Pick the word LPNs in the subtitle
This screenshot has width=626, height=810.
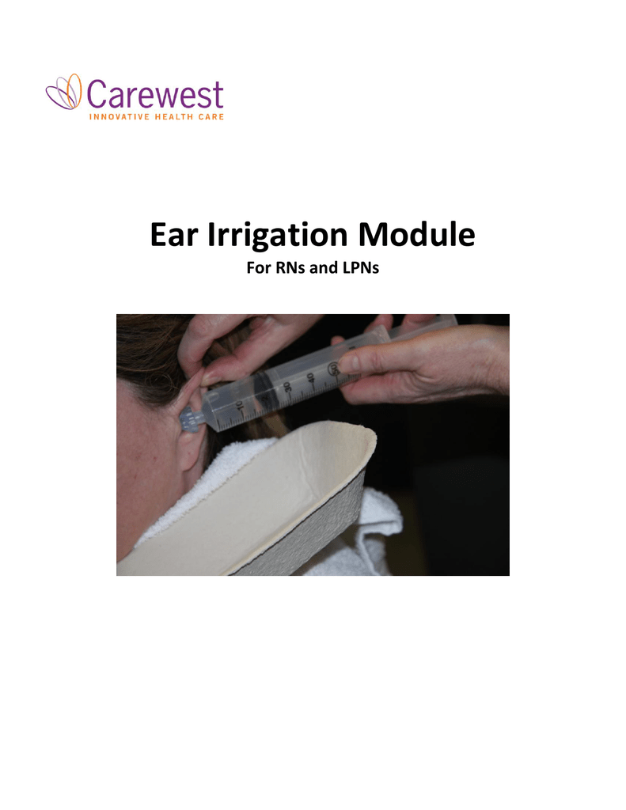click(359, 269)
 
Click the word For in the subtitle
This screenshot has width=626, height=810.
click(255, 269)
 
